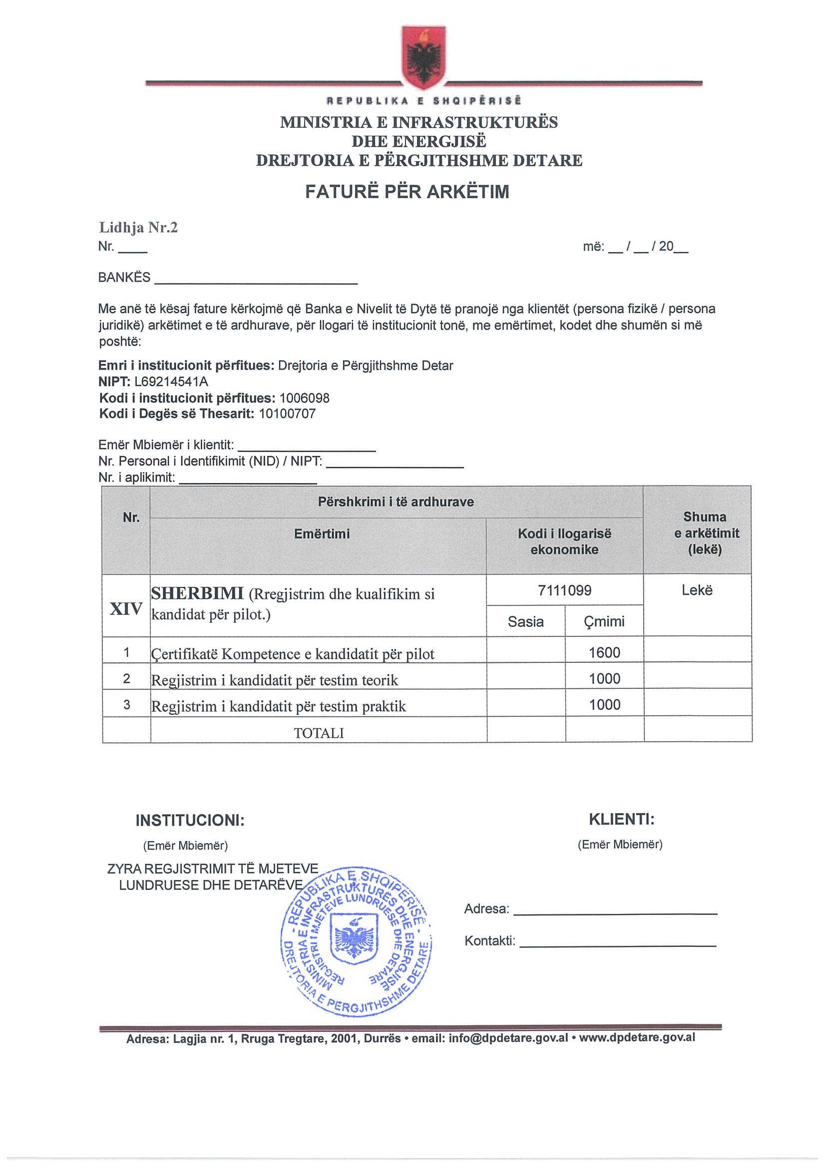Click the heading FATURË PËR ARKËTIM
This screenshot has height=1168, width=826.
pos(407,192)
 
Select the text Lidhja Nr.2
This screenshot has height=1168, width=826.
pos(138,228)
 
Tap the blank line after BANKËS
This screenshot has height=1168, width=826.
pos(256,279)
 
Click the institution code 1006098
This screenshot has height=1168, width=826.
pos(304,398)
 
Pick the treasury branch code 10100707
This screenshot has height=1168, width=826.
pos(287,414)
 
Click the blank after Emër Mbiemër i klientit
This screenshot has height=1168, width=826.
pos(307,447)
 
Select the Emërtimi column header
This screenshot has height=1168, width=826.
pos(322,534)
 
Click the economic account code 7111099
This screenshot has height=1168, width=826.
pos(564,590)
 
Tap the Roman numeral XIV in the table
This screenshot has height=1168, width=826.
pos(126,609)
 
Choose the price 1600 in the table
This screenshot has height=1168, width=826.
pos(605,653)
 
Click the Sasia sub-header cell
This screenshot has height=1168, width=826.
pos(526,621)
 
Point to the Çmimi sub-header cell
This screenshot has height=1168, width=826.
pos(605,621)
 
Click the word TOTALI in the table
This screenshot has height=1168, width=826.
pos(319,733)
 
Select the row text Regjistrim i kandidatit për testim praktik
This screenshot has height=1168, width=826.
pos(279,707)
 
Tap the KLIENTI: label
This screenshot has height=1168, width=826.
pos(621,820)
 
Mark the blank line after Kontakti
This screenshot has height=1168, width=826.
pos(617,942)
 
